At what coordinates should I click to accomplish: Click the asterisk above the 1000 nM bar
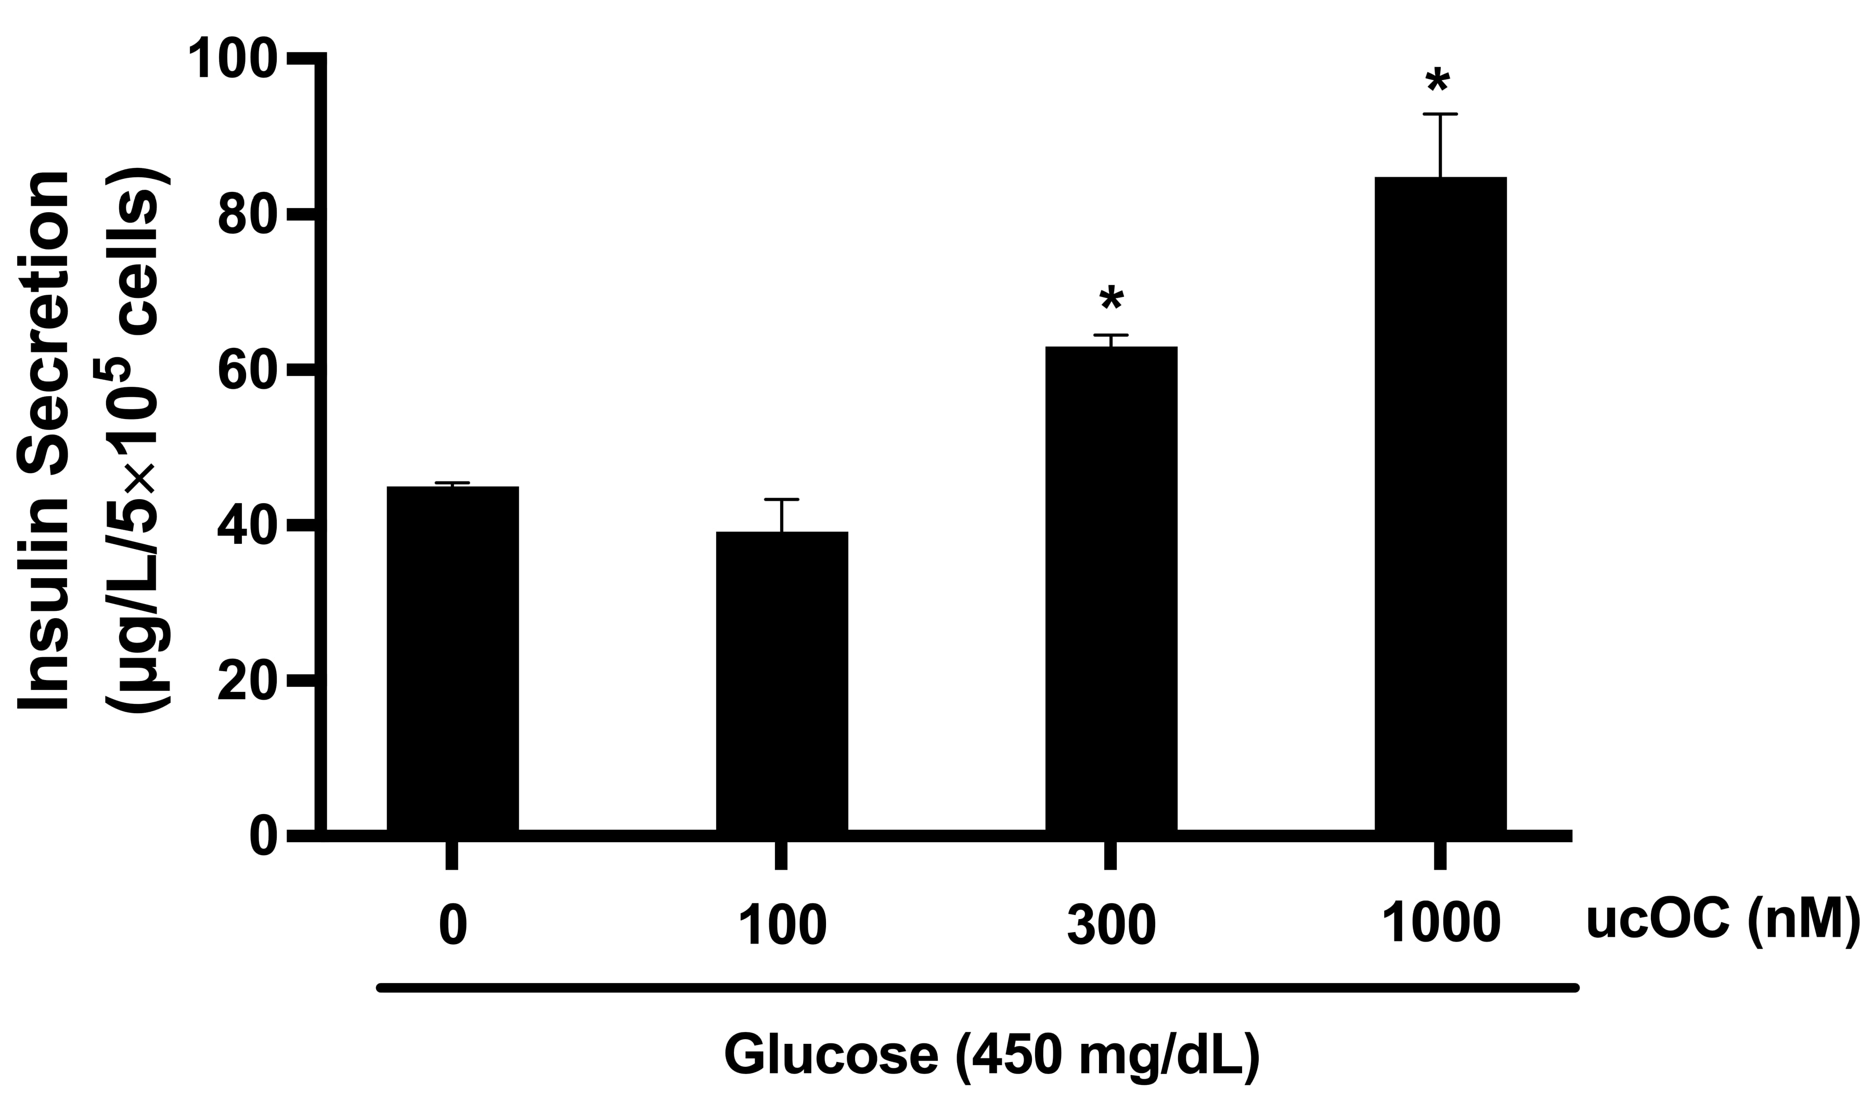point(1438,81)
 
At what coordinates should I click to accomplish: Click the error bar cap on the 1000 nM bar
point(1440,115)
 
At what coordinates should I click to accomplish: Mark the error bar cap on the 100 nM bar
point(782,499)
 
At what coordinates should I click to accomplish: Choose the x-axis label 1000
point(1440,923)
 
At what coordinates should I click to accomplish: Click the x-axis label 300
point(1111,923)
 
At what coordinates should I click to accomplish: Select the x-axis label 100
point(782,923)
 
